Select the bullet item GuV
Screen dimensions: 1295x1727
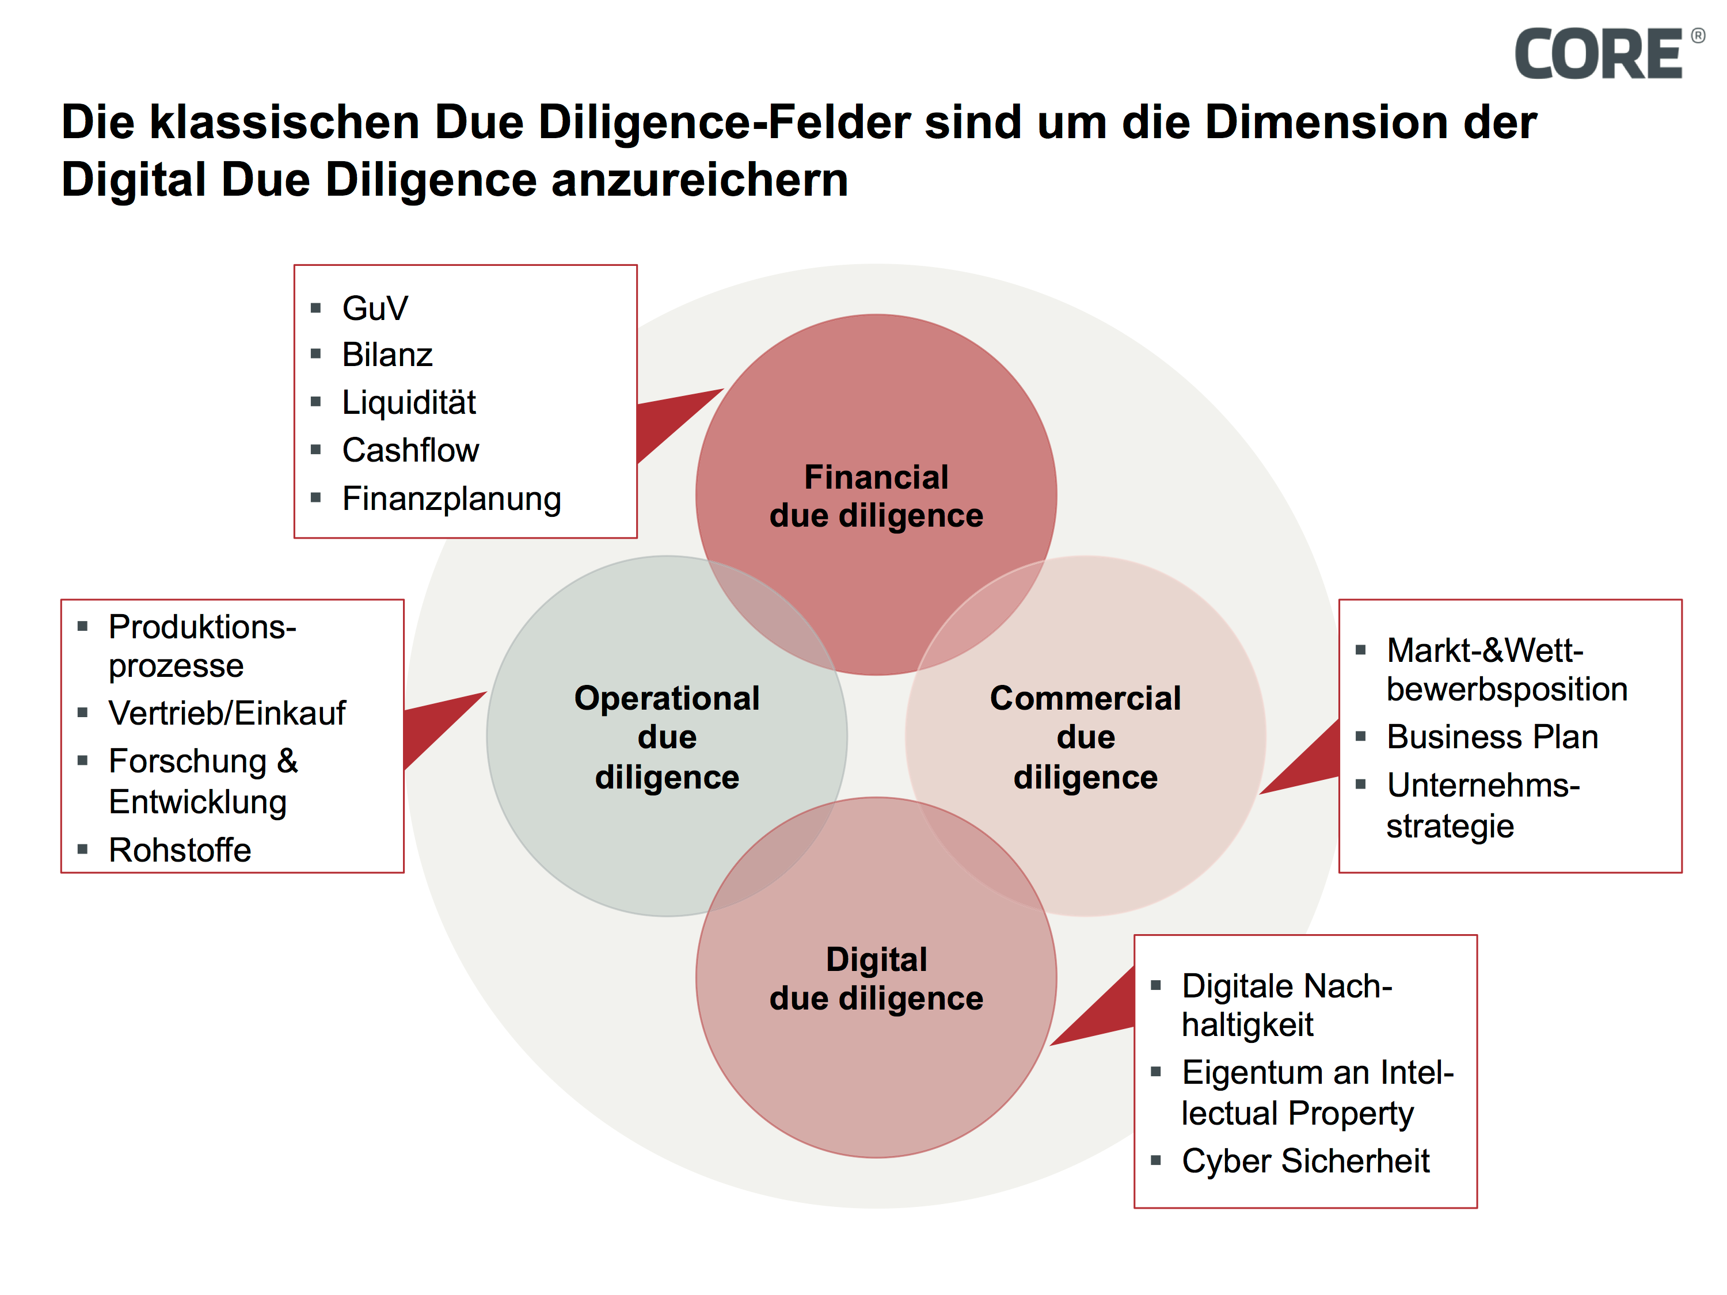click(375, 308)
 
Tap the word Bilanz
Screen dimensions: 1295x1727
click(387, 355)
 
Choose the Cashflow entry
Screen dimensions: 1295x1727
click(410, 451)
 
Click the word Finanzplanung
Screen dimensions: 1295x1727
click(451, 499)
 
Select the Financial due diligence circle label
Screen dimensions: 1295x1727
click(876, 497)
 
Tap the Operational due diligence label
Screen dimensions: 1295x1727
click(667, 737)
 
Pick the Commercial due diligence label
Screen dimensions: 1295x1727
click(1085, 737)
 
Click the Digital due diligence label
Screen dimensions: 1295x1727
click(876, 979)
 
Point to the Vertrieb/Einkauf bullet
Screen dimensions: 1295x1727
click(226, 713)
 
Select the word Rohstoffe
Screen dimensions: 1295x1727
click(180, 850)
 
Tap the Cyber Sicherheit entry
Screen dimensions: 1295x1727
click(1306, 1161)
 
